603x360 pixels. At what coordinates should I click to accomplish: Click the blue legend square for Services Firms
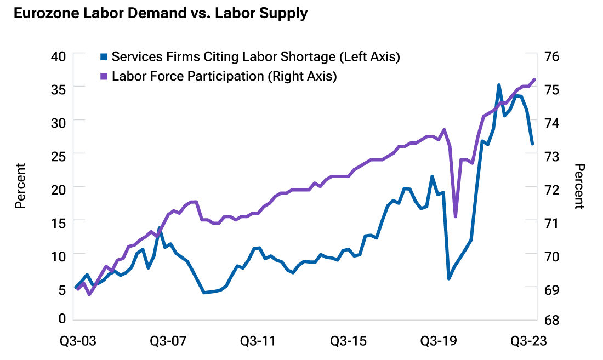(x=104, y=56)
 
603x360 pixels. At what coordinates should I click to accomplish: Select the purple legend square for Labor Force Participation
(x=104, y=76)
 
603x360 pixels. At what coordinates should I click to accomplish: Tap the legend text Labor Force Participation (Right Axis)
(x=224, y=76)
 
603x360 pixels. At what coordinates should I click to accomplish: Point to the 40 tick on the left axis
(x=59, y=56)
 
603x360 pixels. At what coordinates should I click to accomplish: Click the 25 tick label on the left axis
(x=59, y=155)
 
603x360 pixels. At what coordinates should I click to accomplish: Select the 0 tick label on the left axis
(x=62, y=318)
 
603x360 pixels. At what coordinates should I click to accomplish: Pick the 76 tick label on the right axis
(x=553, y=56)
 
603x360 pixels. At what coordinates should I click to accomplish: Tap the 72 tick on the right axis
(x=553, y=188)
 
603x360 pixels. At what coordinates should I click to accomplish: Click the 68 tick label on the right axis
(x=553, y=319)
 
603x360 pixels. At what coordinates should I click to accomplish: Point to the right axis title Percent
(x=580, y=186)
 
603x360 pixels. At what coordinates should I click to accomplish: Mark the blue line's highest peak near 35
(x=498, y=85)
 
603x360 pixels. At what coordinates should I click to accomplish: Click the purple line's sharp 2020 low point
(x=456, y=217)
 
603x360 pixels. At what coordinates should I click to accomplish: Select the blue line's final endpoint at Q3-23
(x=532, y=144)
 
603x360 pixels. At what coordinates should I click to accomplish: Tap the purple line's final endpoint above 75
(x=534, y=79)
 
